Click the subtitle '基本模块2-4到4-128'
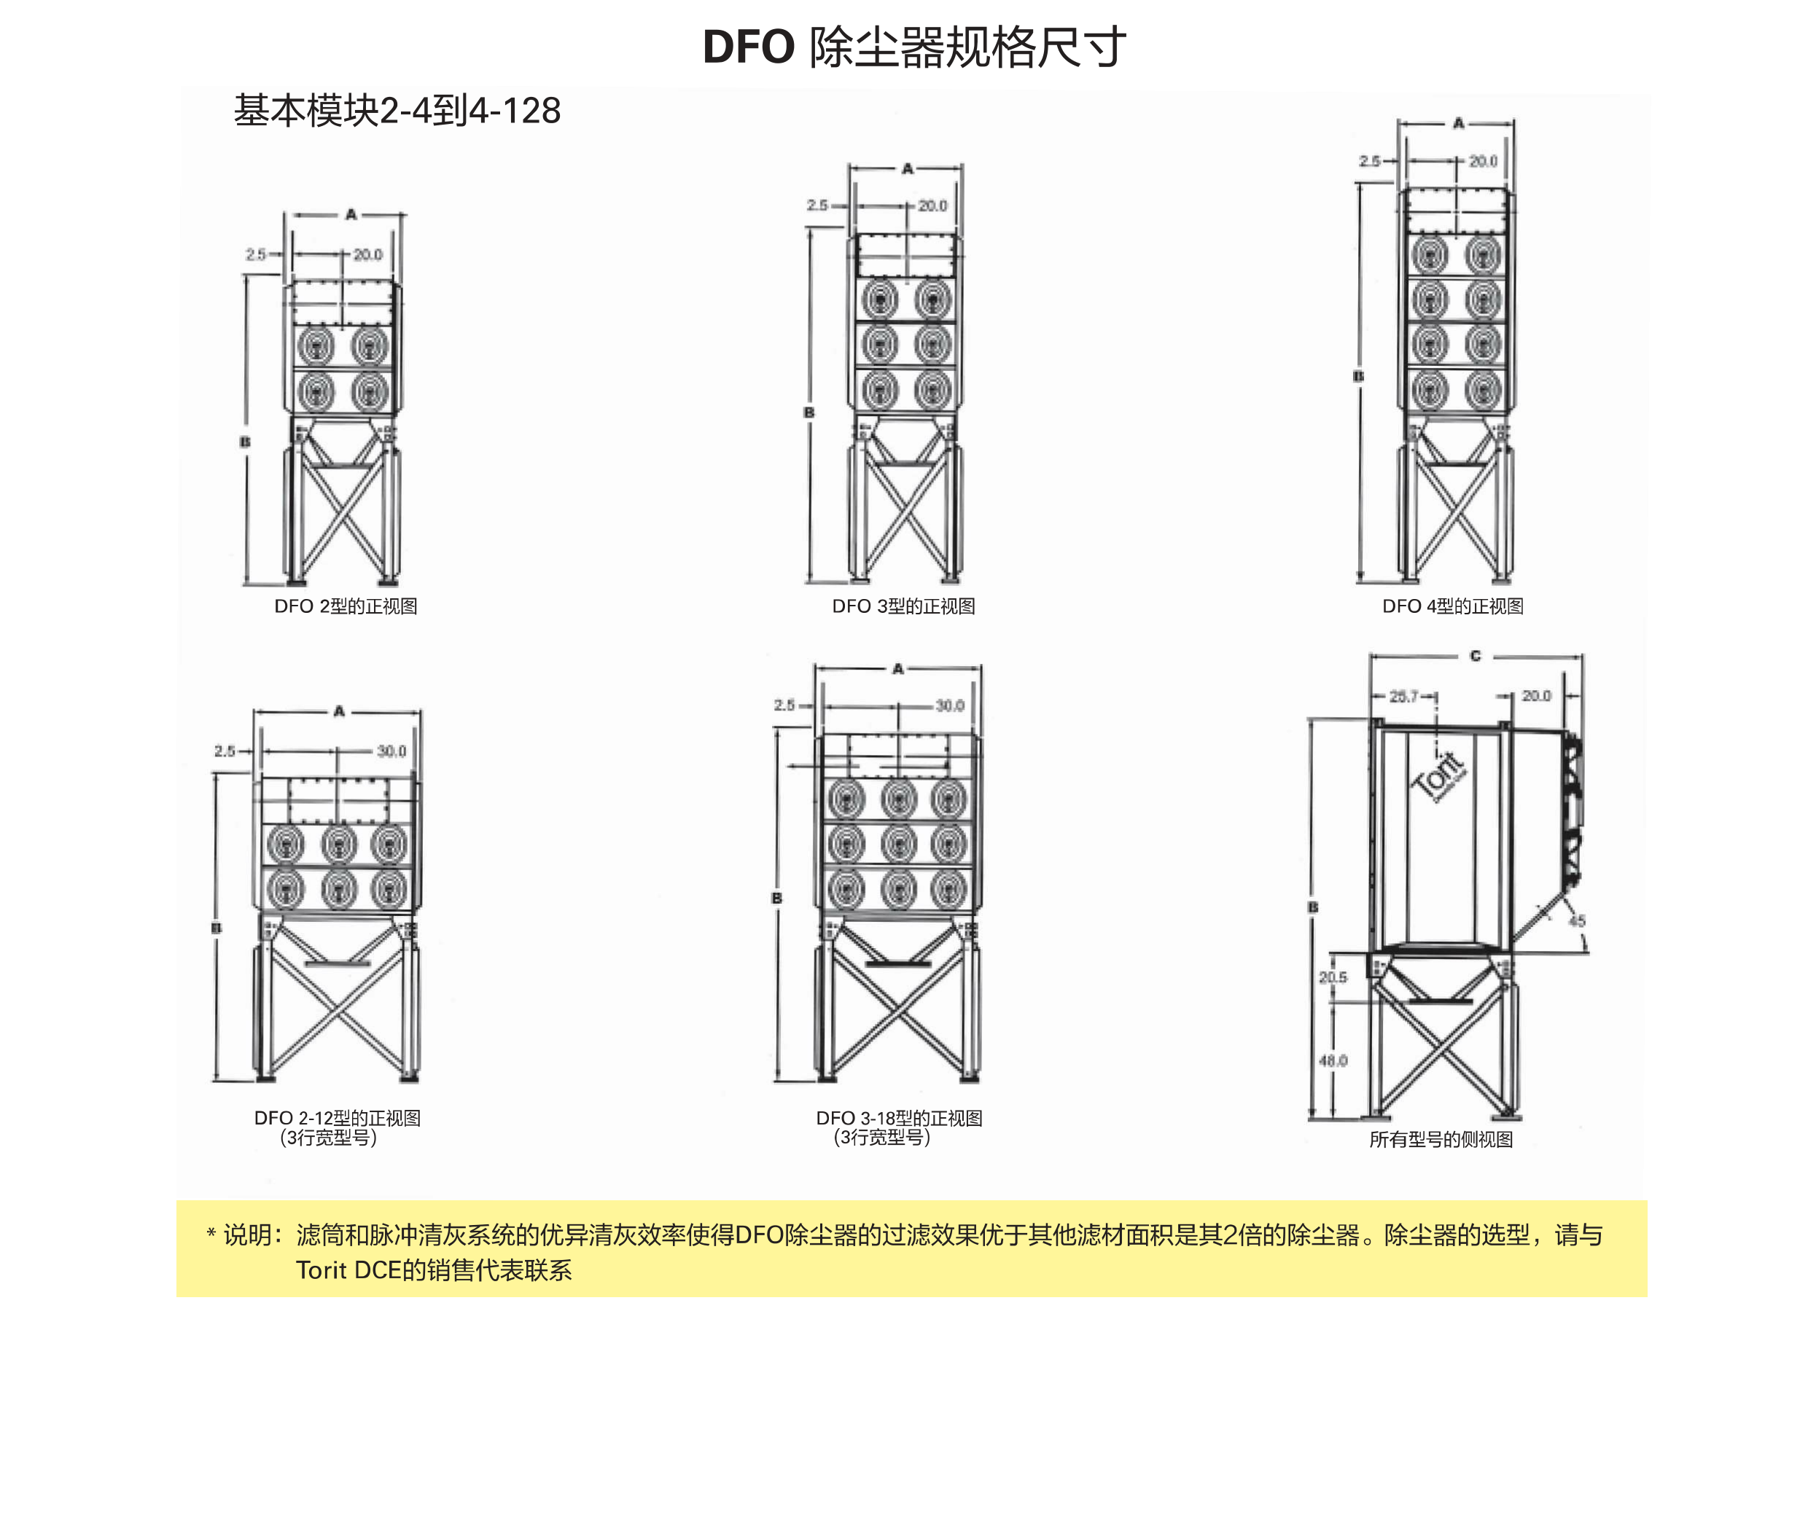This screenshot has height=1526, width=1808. click(x=397, y=111)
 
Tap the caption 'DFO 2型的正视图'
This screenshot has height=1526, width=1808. click(x=346, y=606)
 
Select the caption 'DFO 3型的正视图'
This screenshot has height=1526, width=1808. click(x=903, y=606)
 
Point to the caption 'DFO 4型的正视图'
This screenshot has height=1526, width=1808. click(x=1452, y=606)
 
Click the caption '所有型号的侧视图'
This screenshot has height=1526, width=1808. click(x=1441, y=1139)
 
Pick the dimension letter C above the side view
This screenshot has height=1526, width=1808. click(x=1475, y=657)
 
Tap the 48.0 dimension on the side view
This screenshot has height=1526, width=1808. click(x=1333, y=1060)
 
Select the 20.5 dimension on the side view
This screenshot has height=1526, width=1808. click(x=1333, y=977)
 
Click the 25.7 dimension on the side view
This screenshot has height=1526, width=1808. click(x=1404, y=697)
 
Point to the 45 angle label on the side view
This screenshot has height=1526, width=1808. click(x=1577, y=921)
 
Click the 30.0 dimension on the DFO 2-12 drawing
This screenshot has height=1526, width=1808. click(x=391, y=751)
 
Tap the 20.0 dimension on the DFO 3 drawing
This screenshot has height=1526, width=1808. click(x=932, y=206)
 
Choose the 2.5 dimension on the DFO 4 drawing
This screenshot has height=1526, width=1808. click(x=1369, y=161)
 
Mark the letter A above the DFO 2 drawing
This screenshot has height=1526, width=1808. click(x=351, y=214)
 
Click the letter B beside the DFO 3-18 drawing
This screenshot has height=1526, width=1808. click(x=776, y=898)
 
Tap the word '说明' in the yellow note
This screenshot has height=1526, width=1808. click(x=248, y=1235)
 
